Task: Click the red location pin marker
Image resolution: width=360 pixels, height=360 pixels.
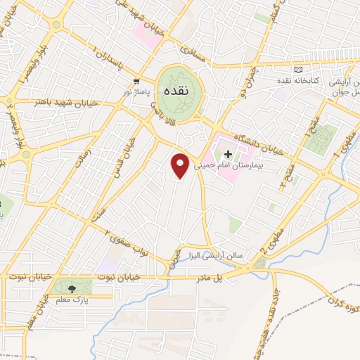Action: click(x=180, y=166)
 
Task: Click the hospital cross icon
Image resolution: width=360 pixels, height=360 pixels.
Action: click(x=228, y=153)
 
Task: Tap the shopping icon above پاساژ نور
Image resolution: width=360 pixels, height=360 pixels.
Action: click(x=136, y=81)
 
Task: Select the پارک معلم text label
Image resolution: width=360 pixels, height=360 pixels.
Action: click(x=71, y=300)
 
